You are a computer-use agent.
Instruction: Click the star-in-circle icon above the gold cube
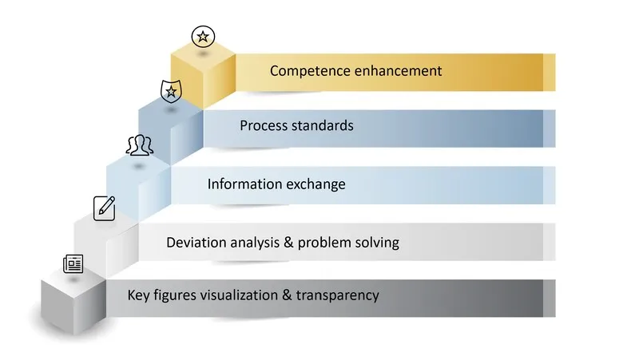pyautogui.click(x=203, y=36)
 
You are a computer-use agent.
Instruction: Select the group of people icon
pyautogui.click(x=139, y=145)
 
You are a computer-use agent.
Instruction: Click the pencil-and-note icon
pyautogui.click(x=105, y=207)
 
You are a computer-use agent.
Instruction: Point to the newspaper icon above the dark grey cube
pyautogui.click(x=73, y=263)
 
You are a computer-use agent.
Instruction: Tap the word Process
pyautogui.click(x=264, y=125)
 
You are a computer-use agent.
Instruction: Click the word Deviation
pyautogui.click(x=196, y=242)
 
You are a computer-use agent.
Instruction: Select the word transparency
pyautogui.click(x=337, y=295)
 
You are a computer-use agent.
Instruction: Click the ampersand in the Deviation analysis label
pyautogui.click(x=284, y=242)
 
